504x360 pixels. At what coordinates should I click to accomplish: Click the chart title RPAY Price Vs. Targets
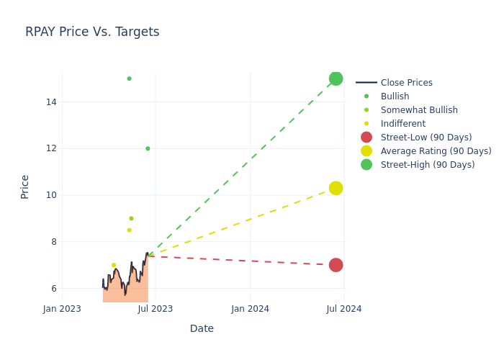click(x=92, y=32)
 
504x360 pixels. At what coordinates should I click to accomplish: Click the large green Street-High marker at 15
click(x=336, y=78)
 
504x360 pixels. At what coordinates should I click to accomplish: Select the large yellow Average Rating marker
click(x=336, y=188)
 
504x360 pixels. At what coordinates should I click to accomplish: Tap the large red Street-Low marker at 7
click(x=336, y=265)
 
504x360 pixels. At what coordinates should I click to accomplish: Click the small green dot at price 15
click(x=129, y=78)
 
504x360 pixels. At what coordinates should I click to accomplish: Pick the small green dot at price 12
click(x=148, y=148)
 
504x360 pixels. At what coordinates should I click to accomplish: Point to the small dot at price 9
click(x=131, y=218)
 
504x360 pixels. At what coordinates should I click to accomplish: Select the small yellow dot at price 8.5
click(x=129, y=230)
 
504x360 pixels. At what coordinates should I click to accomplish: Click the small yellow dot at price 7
click(x=114, y=265)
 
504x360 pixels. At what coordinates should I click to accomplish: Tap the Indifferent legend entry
click(x=402, y=124)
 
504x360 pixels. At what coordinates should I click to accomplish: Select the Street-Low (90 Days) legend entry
click(x=426, y=138)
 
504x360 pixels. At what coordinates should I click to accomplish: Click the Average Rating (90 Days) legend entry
click(x=436, y=151)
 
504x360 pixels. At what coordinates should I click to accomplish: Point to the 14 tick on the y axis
click(x=51, y=102)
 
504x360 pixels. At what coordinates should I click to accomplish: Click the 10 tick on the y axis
click(x=51, y=195)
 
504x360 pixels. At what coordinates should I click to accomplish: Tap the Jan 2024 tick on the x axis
click(x=251, y=309)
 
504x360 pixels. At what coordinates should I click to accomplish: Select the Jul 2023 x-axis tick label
click(x=156, y=309)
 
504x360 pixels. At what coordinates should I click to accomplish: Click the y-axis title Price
click(x=25, y=186)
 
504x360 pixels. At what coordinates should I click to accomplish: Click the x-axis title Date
click(x=202, y=328)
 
